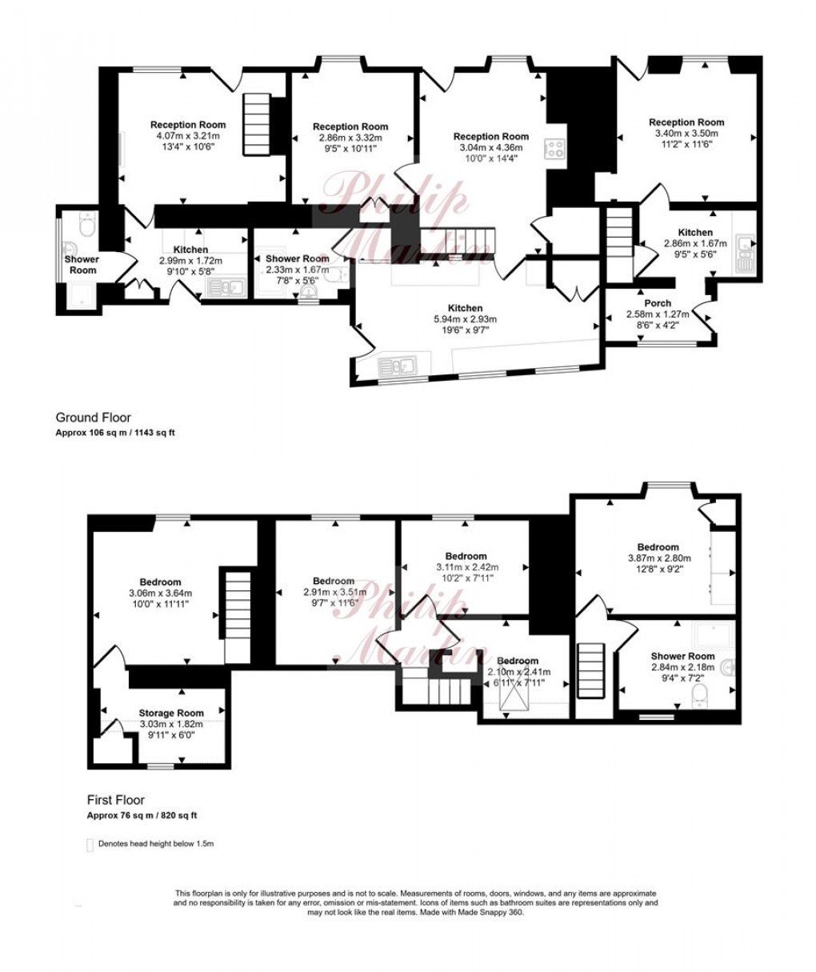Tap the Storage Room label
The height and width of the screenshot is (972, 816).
pyautogui.click(x=171, y=713)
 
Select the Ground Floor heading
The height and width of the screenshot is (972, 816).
pyautogui.click(x=93, y=418)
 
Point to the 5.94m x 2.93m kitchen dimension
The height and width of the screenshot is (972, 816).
pyautogui.click(x=465, y=319)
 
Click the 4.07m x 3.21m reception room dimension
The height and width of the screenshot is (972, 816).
pyautogui.click(x=188, y=136)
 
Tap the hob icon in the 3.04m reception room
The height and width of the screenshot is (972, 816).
pyautogui.click(x=555, y=149)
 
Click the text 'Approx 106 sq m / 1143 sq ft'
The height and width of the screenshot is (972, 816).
pyautogui.click(x=115, y=433)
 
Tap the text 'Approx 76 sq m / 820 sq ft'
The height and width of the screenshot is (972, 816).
pyautogui.click(x=142, y=816)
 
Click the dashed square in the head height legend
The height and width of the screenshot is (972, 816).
pyautogui.click(x=90, y=844)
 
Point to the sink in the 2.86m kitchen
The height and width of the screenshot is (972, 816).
pyautogui.click(x=746, y=252)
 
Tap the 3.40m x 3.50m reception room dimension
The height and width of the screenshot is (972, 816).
pyautogui.click(x=686, y=134)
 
